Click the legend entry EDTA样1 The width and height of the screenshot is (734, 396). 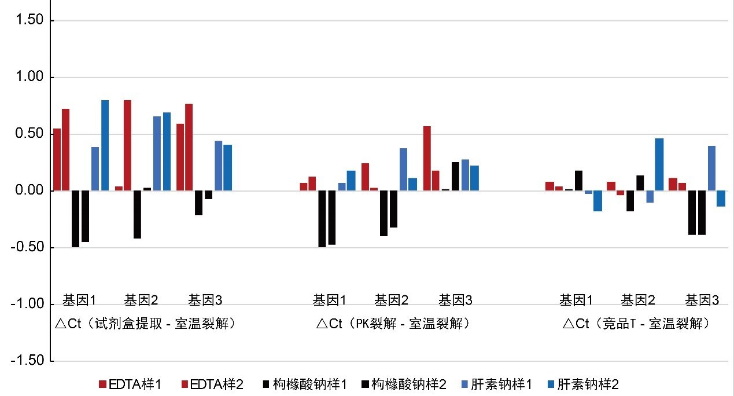pyautogui.click(x=130, y=384)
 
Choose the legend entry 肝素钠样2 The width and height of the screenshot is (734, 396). pyautogui.click(x=584, y=384)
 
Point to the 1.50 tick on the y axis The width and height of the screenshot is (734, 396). pyautogui.click(x=29, y=21)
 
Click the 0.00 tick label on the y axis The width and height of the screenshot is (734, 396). pyautogui.click(x=29, y=191)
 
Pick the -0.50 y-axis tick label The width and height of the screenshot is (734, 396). pyautogui.click(x=27, y=248)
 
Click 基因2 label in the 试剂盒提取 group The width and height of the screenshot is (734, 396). pyautogui.click(x=141, y=300)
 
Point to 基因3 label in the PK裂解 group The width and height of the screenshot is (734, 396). pyautogui.click(x=455, y=300)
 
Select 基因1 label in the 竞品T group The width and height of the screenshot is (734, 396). pyautogui.click(x=576, y=300)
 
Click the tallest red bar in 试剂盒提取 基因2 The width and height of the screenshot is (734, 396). pyautogui.click(x=127, y=145)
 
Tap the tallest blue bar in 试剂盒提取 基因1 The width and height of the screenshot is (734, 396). pyautogui.click(x=105, y=145)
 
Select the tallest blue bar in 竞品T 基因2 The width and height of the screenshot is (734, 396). pyautogui.click(x=659, y=164)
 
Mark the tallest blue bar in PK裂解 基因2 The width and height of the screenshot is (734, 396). pyautogui.click(x=403, y=170)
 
